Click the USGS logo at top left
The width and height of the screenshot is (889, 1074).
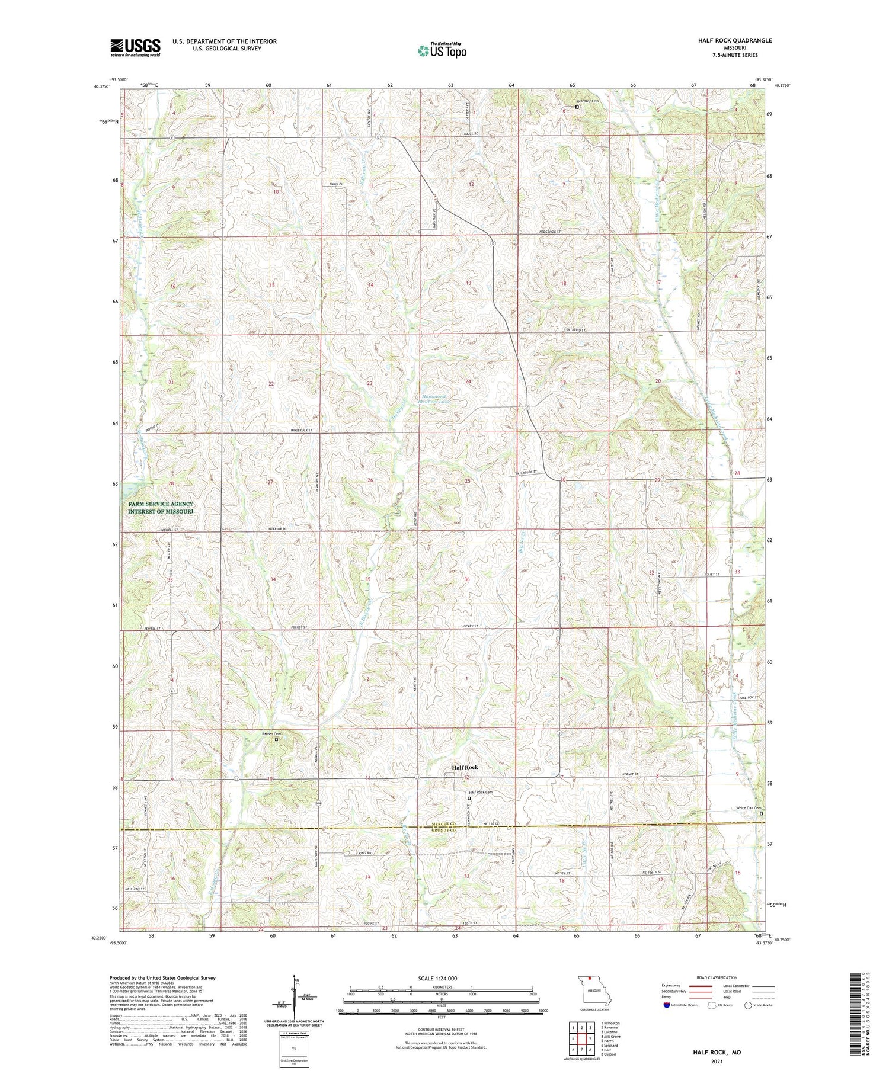(x=135, y=47)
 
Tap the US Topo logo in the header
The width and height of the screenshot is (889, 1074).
(x=442, y=50)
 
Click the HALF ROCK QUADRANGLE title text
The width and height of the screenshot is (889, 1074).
(x=735, y=40)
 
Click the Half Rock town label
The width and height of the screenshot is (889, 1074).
(x=464, y=767)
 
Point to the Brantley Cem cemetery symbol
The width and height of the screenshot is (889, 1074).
(x=577, y=108)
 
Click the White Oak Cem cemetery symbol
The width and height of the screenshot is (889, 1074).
(x=762, y=814)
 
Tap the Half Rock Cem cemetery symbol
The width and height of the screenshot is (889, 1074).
(x=468, y=799)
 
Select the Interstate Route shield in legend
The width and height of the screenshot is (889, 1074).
(x=667, y=1005)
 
